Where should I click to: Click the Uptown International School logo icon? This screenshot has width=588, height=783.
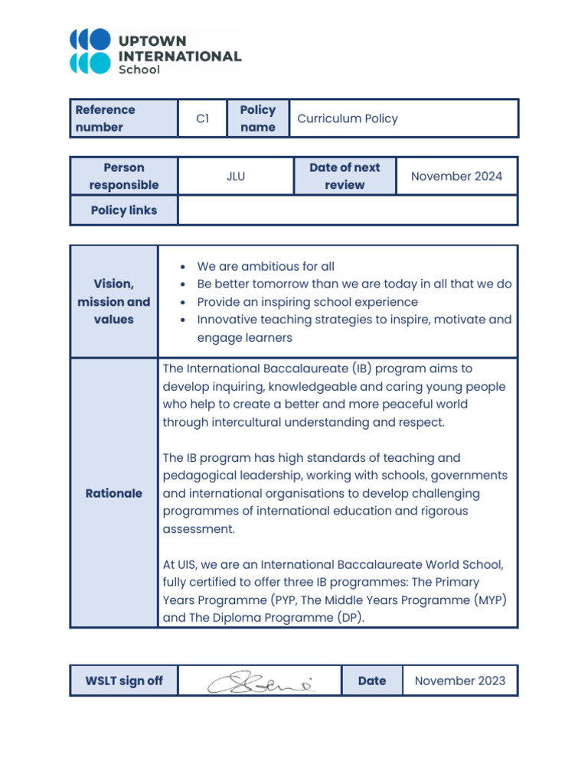[x=90, y=51]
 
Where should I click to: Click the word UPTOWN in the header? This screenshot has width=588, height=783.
[x=152, y=41]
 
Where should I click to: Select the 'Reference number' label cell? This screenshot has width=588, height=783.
[x=106, y=119]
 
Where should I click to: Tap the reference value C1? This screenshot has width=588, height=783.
[x=202, y=119]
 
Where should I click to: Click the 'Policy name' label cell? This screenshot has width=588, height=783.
[x=257, y=119]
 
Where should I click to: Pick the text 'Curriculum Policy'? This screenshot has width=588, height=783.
[x=348, y=119]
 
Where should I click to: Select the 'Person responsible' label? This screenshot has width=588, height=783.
[x=124, y=176]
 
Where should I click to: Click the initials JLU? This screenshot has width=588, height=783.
[x=236, y=176]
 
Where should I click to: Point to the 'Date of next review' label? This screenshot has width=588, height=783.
[x=345, y=176]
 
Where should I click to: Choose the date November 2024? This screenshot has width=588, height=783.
[x=456, y=176]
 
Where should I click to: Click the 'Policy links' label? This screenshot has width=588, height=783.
[x=124, y=210]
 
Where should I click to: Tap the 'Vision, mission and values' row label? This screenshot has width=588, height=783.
[x=113, y=301]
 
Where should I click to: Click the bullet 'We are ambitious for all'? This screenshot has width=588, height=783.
[x=266, y=267]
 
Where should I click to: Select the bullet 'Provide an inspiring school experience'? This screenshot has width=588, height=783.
[x=307, y=302]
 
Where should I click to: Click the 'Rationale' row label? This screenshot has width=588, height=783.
[x=113, y=493]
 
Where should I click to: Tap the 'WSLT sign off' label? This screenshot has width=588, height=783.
[x=124, y=681]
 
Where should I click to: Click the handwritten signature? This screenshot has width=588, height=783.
[x=260, y=681]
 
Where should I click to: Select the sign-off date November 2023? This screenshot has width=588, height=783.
[x=459, y=681]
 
